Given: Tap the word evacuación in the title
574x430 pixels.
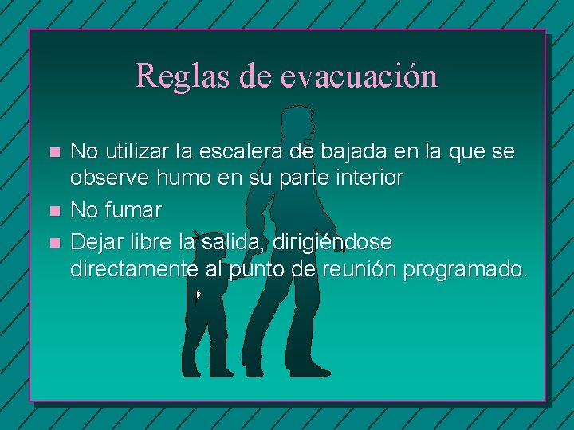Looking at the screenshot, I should pos(360,76).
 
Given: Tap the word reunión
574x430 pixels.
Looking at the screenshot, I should pos(360,270).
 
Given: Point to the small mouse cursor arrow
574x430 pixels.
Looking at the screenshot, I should pos(199,295).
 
